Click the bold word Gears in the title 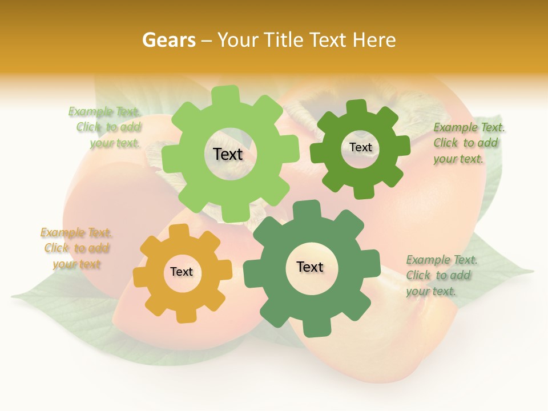click(168, 40)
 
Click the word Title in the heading click(285, 40)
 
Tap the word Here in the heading click(374, 40)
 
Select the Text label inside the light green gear click(228, 154)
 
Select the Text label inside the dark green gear click(360, 147)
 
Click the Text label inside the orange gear click(182, 272)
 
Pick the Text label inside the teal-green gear click(310, 267)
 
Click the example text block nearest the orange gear click(76, 248)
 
